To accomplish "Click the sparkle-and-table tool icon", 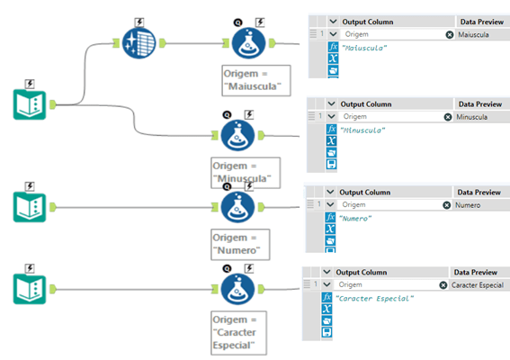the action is (x=139, y=43).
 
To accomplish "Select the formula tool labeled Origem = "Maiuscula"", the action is (x=249, y=43).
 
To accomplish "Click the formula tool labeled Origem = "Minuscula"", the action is (x=237, y=135).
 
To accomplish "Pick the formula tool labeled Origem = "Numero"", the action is (x=237, y=207).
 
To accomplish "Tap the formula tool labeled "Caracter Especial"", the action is (x=237, y=289).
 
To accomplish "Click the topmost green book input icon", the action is (x=30, y=104).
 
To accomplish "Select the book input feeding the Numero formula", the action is (x=30, y=207).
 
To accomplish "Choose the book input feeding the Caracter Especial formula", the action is (x=30, y=289).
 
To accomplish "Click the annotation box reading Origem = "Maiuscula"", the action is (x=256, y=80).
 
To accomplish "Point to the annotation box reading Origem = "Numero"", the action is (x=240, y=245).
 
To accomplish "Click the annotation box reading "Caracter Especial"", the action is (x=238, y=333).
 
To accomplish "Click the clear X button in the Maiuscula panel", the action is (x=450, y=34).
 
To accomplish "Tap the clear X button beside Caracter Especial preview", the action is (x=443, y=285).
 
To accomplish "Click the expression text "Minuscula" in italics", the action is (x=362, y=130).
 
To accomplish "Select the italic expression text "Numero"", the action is (x=355, y=219).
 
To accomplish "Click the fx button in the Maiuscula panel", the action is (x=333, y=47).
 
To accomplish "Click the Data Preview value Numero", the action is (x=468, y=205).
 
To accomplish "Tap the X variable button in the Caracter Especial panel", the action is (x=327, y=309).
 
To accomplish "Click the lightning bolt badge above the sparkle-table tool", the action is (x=139, y=22).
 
